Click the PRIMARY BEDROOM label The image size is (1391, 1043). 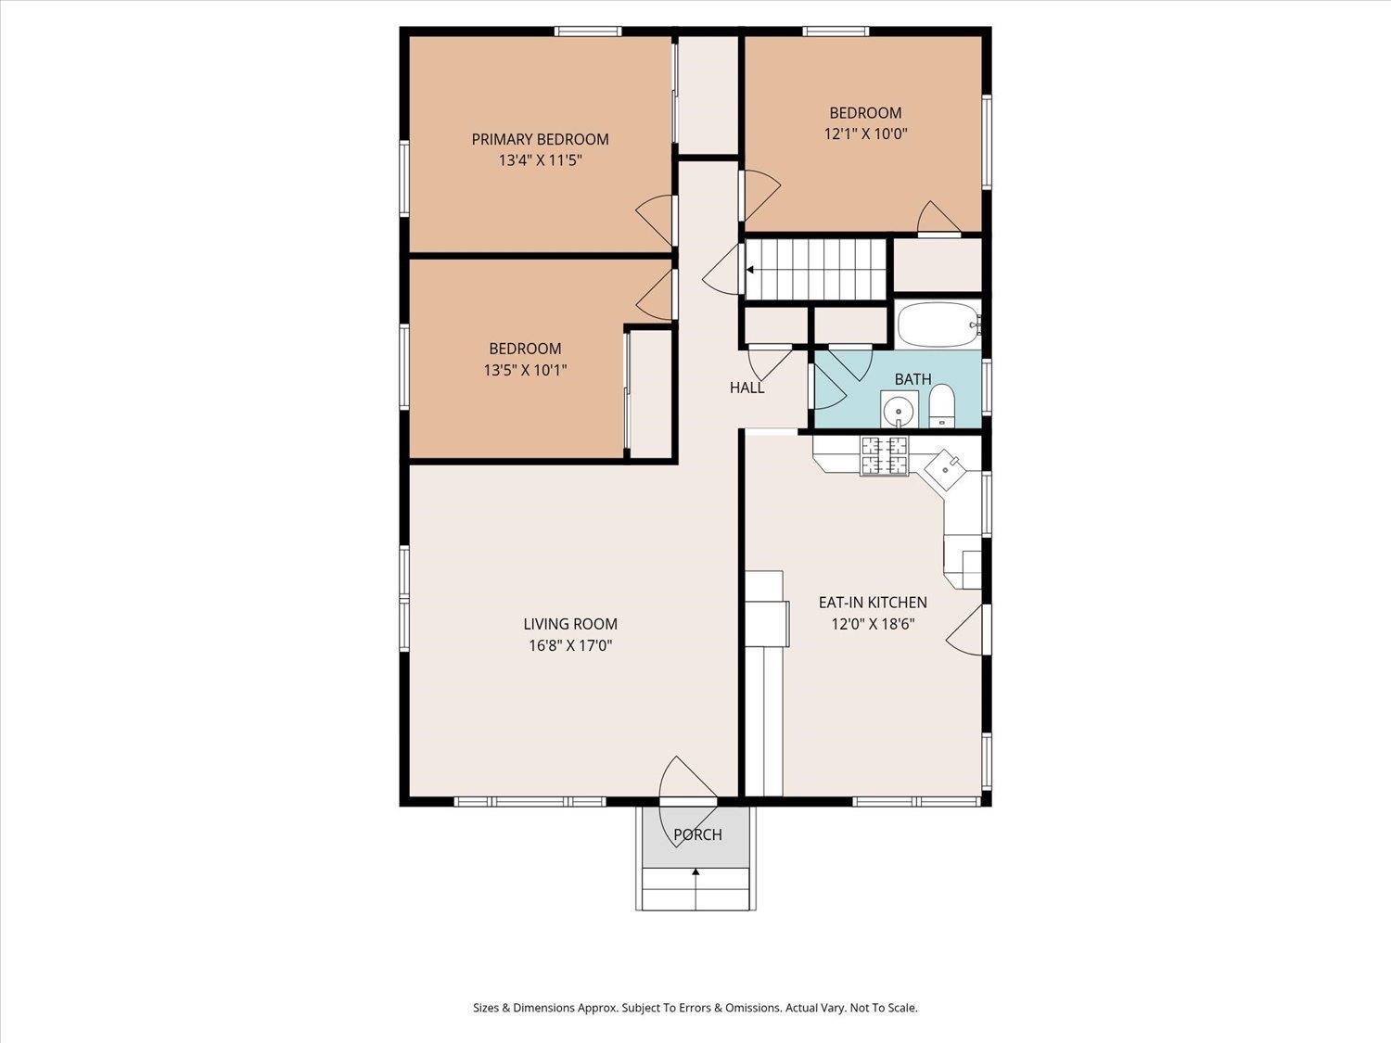tap(540, 139)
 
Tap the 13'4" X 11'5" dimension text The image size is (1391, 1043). tap(540, 160)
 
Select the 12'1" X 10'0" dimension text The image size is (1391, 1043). tap(865, 134)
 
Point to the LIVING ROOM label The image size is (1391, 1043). tap(570, 624)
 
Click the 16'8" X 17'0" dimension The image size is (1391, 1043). tap(570, 646)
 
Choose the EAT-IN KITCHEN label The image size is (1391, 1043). tap(873, 603)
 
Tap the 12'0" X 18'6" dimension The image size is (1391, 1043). tap(873, 624)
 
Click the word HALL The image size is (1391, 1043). tap(747, 388)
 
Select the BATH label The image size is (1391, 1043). tap(913, 379)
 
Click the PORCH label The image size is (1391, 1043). tap(697, 834)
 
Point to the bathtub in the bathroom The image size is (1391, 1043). tap(938, 324)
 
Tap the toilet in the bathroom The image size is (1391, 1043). tap(941, 405)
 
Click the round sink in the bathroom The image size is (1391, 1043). tap(899, 411)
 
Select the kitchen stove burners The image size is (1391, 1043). tap(884, 456)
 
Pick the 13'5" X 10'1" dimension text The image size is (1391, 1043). tap(526, 370)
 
